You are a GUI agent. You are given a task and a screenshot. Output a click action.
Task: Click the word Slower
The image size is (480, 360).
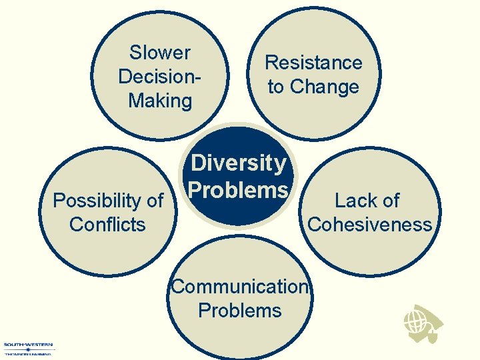(160, 53)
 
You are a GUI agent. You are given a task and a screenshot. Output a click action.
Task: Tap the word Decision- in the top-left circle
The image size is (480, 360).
(160, 76)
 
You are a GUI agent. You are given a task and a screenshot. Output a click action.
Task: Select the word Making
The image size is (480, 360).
(160, 101)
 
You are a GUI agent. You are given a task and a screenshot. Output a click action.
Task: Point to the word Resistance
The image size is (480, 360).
(313, 63)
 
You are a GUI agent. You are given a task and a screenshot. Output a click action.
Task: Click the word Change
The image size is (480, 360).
(325, 87)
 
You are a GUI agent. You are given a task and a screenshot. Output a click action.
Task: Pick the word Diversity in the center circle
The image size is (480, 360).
(239, 163)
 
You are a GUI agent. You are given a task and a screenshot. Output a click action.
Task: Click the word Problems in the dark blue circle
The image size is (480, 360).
(239, 190)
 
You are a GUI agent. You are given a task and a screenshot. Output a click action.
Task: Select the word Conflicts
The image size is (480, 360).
(107, 224)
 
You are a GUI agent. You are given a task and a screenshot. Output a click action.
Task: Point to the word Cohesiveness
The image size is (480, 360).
(369, 224)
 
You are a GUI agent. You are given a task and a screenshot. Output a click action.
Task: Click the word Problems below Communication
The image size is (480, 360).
(240, 310)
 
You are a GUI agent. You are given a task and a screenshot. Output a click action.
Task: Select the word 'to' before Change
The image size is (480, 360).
(277, 87)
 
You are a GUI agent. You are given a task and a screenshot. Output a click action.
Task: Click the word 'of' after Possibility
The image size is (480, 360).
(153, 200)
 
